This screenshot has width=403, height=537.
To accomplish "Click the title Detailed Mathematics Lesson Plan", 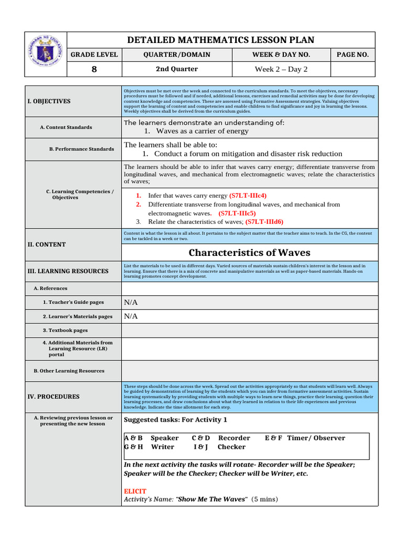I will pos(221,40).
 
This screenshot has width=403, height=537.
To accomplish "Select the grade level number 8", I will pos(94,69).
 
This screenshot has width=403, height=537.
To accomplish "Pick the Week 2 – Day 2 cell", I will pos(281,69).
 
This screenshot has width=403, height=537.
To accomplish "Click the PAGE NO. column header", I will pos(353,55).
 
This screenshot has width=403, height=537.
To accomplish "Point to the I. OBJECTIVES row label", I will pos(49,101).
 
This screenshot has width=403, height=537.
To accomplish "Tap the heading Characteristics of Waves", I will pos(249,253).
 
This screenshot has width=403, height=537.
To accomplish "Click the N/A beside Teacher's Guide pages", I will pos(131,302).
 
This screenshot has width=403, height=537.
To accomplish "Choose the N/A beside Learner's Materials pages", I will pos(131,316).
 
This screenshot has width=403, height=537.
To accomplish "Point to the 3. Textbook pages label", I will pos(65,330).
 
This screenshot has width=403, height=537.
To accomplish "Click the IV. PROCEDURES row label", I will pos(54,397).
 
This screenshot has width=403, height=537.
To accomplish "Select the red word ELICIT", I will pos(135,491).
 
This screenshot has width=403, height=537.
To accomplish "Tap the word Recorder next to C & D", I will pos(234,438).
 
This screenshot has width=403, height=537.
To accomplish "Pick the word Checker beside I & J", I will pos(231,447).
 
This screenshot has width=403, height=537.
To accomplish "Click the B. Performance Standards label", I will pos(81,149).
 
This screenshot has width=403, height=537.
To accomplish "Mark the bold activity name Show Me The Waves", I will pos(211,499).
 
